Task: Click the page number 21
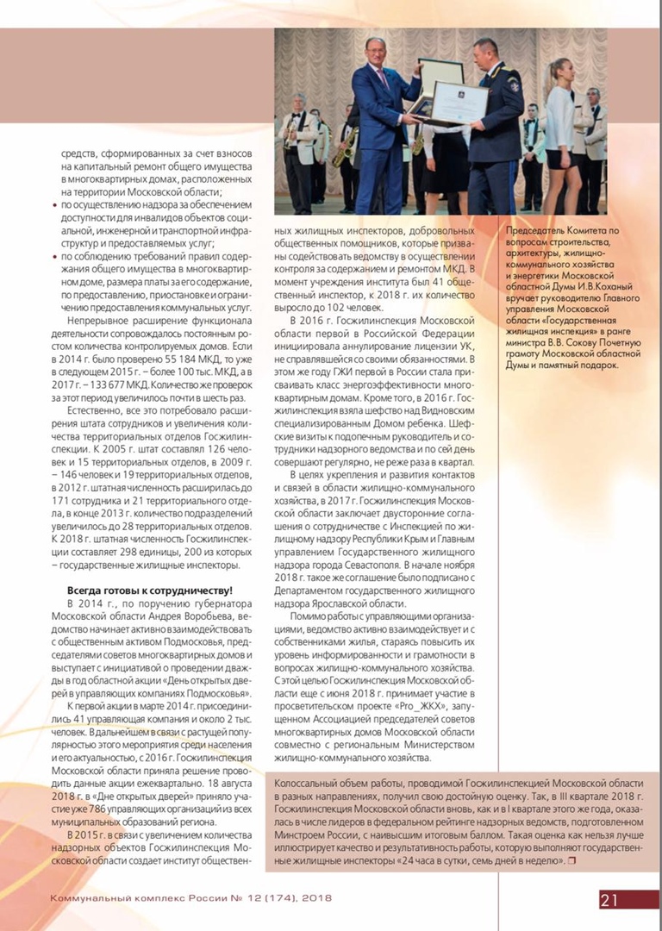pos(609,900)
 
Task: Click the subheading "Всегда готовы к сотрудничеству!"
pos(149,590)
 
